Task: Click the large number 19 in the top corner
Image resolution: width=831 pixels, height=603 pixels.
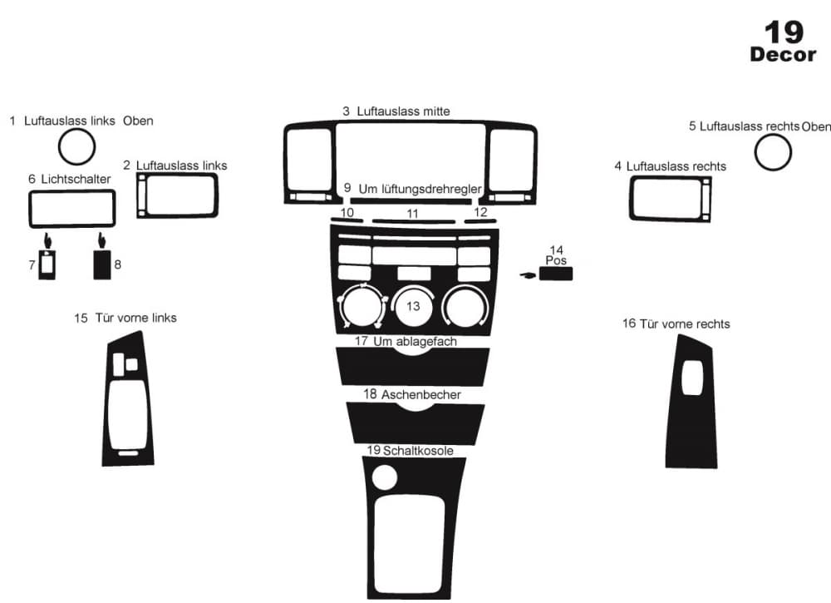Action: (784, 33)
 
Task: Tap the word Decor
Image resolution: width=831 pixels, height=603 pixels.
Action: (783, 55)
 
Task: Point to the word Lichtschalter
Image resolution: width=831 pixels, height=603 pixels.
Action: (76, 180)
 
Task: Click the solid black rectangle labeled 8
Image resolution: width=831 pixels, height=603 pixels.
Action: (102, 264)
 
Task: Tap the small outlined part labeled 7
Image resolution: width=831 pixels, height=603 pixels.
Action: (47, 264)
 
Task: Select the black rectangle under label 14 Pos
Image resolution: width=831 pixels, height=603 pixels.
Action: (556, 274)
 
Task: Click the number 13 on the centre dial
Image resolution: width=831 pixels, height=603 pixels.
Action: (413, 306)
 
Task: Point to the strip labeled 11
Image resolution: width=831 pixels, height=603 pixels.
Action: (413, 222)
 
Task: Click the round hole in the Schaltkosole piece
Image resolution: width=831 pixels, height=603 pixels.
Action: (384, 477)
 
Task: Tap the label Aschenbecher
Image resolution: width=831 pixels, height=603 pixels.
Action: (420, 394)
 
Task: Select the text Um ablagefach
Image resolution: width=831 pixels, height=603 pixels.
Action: (415, 342)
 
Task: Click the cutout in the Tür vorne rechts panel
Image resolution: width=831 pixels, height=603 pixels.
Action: (691, 378)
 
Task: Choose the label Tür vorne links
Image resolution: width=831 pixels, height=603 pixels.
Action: (135, 318)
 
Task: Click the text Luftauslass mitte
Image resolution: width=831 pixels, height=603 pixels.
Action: (403, 111)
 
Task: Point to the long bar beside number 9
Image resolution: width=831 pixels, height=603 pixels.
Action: (411, 201)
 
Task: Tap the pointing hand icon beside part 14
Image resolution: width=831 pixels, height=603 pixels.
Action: (528, 275)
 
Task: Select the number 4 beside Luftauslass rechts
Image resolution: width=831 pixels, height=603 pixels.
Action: (618, 166)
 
